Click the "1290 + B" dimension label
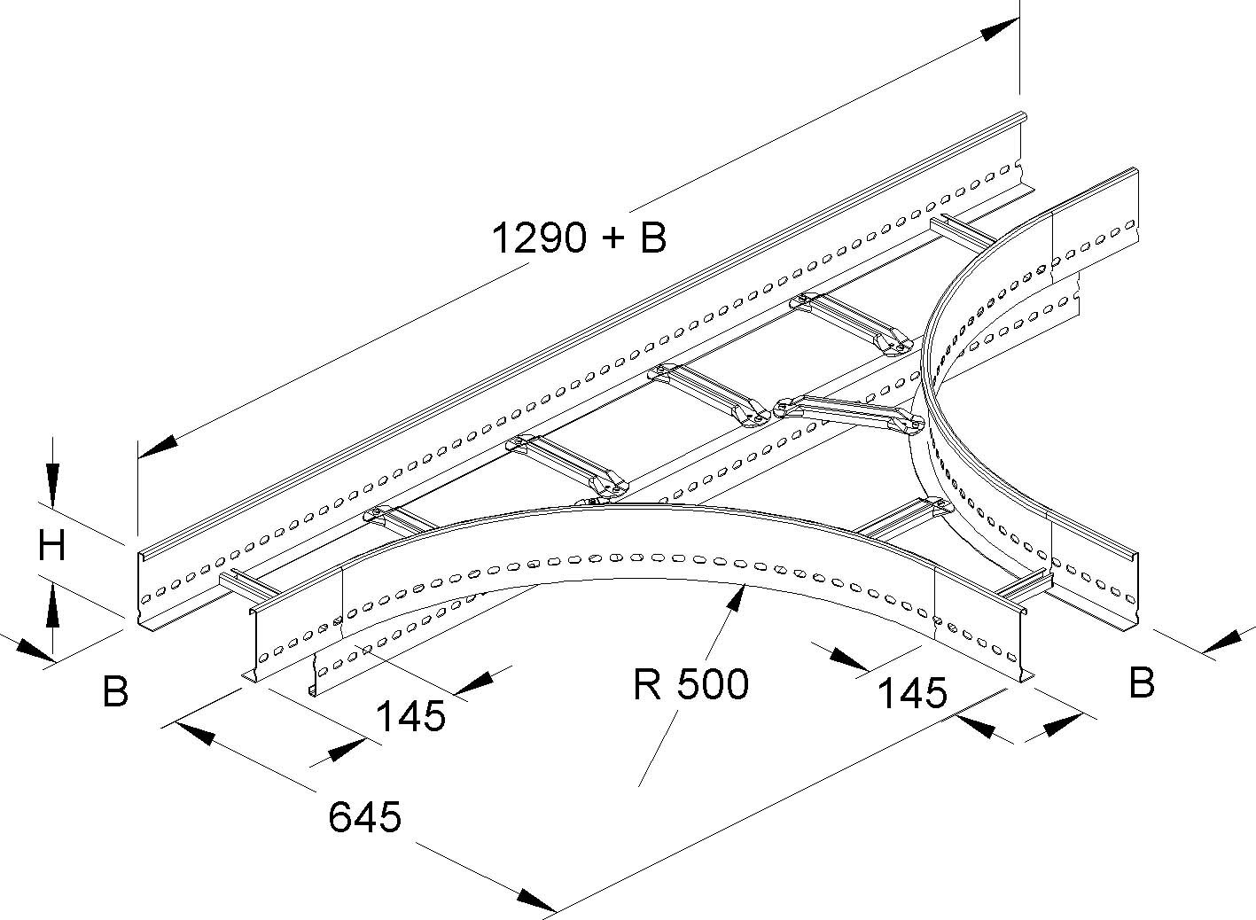(x=579, y=238)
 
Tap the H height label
(x=52, y=546)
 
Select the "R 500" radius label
(x=691, y=683)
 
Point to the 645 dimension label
(x=364, y=816)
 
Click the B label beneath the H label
(x=115, y=691)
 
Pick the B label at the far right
(x=1142, y=682)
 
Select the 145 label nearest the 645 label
(x=410, y=714)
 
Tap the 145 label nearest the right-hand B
(x=912, y=692)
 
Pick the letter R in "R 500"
(x=647, y=683)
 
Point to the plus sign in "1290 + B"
(x=613, y=239)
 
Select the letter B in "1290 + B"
(x=652, y=238)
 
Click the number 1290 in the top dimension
(x=539, y=238)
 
